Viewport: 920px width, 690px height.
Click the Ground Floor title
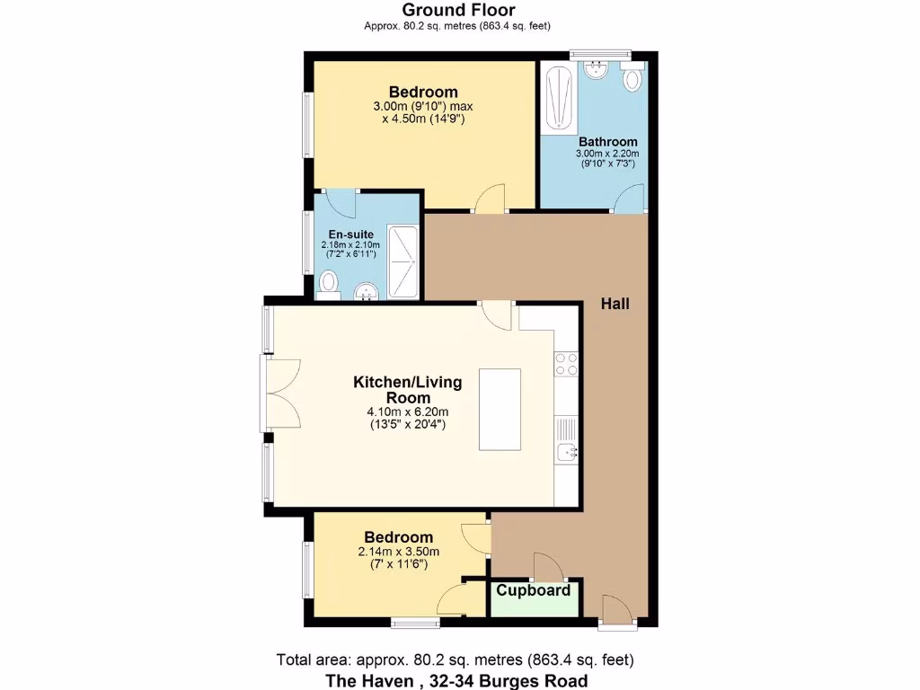(458, 10)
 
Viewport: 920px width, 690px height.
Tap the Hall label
(615, 304)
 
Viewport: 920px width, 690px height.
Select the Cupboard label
(534, 590)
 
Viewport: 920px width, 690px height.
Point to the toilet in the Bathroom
(632, 78)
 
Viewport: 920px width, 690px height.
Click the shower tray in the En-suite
(402, 260)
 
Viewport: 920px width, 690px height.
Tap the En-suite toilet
(329, 283)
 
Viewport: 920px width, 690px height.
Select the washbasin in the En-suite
(367, 291)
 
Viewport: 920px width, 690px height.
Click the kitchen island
(500, 409)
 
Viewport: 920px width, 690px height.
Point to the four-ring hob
(566, 363)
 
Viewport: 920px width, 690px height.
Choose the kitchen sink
(566, 451)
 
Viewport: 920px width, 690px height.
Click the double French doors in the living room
(282, 394)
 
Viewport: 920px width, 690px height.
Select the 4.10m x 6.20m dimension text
(407, 411)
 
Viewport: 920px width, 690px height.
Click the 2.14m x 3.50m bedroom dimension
(398, 552)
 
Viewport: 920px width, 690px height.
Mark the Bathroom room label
(607, 141)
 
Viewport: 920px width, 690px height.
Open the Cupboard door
(547, 567)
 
